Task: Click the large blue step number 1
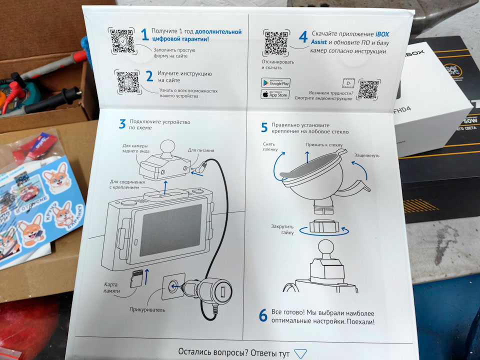(x=144, y=34)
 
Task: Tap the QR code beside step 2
(x=127, y=81)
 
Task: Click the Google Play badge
(x=275, y=82)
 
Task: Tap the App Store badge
(x=275, y=94)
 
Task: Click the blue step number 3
(x=122, y=123)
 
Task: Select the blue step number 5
(x=264, y=127)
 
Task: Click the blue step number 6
(x=262, y=315)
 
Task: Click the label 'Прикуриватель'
(x=148, y=309)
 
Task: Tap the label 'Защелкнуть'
(x=366, y=155)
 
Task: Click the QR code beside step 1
(x=121, y=40)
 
